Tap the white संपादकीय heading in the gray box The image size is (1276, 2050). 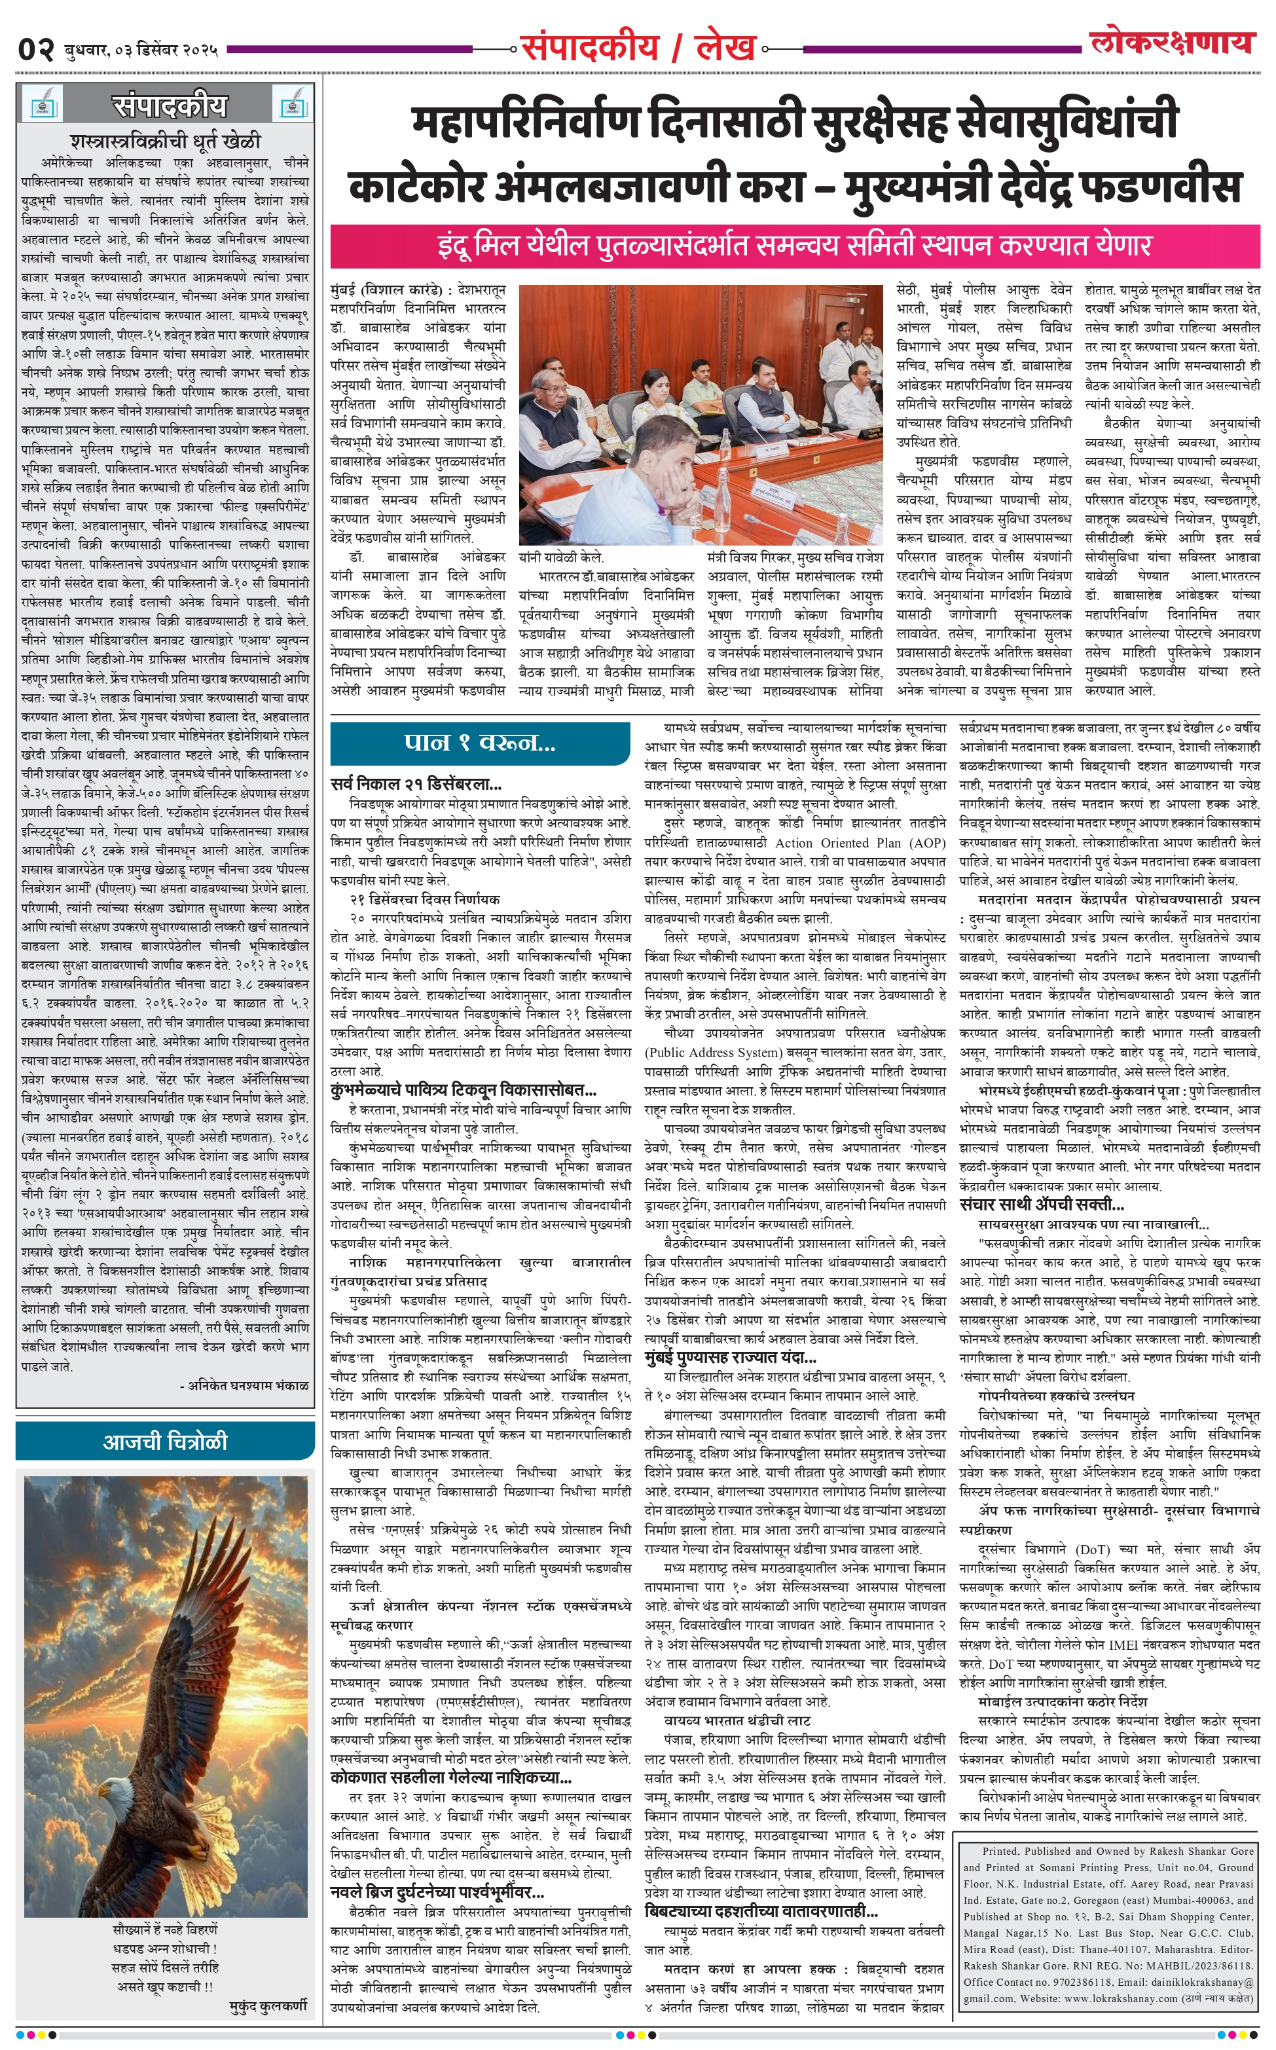(x=169, y=106)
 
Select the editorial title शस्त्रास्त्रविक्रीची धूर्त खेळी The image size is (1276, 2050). (x=166, y=140)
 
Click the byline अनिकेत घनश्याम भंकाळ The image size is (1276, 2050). (x=244, y=1386)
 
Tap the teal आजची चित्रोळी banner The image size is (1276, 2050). (x=166, y=1442)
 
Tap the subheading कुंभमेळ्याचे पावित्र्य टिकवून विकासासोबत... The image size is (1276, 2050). (x=464, y=1090)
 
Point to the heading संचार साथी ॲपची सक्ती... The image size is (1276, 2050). (x=1042, y=1204)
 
